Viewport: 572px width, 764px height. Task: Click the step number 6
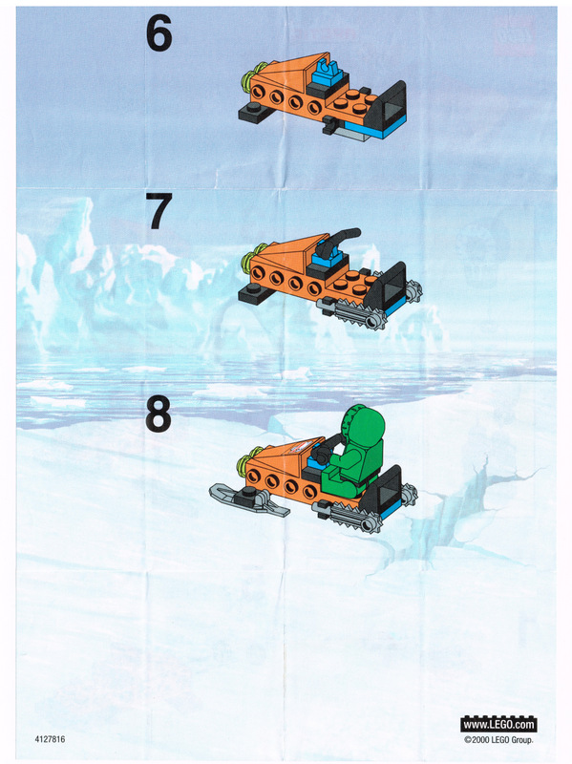(159, 32)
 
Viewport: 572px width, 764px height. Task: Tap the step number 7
(159, 212)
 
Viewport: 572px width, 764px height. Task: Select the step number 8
(159, 414)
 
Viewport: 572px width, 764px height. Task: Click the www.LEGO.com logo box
(498, 724)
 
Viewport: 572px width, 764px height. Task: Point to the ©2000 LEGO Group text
(498, 739)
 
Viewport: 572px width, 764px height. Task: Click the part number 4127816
(50, 739)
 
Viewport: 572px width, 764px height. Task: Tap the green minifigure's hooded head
(363, 424)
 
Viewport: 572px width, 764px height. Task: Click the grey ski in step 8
(248, 499)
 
